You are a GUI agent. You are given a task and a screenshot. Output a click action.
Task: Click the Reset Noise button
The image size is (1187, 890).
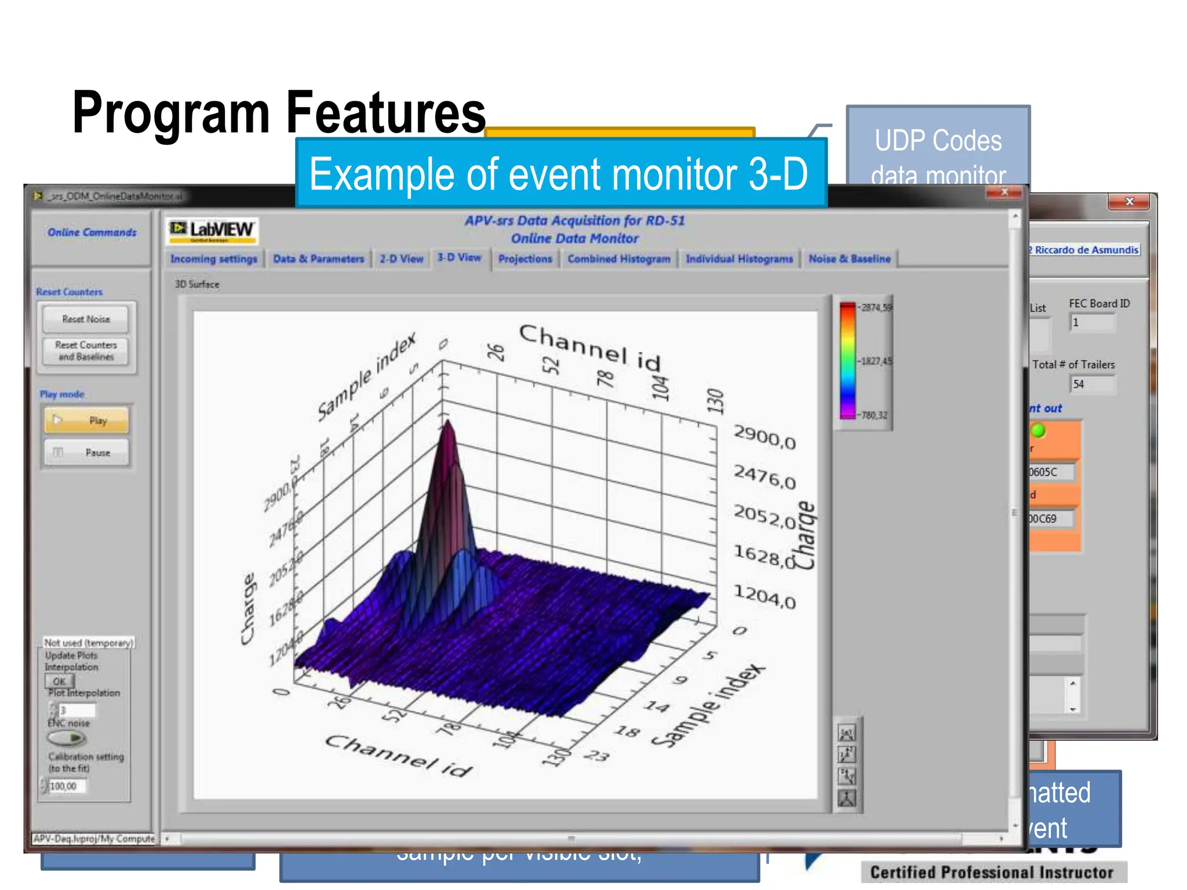click(x=86, y=319)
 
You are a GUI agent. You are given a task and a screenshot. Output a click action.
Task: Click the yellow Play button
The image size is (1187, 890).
click(x=86, y=420)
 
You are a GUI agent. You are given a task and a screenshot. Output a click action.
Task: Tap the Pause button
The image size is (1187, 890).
click(x=86, y=453)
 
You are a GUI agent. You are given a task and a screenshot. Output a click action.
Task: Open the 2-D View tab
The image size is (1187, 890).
click(x=401, y=259)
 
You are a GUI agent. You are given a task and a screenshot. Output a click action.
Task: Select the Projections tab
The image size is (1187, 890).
click(x=525, y=259)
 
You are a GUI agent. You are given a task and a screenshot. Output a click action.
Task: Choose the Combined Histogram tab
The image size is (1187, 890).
click(x=618, y=259)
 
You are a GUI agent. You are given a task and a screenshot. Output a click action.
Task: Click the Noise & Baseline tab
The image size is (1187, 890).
click(x=849, y=259)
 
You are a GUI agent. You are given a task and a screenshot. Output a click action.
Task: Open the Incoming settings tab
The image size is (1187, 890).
click(x=213, y=259)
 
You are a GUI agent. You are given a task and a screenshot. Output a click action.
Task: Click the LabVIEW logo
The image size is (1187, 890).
click(x=212, y=231)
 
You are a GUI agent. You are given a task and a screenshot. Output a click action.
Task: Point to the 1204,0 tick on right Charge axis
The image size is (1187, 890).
click(x=764, y=596)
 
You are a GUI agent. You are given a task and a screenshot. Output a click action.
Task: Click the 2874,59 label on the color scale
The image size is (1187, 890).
click(x=876, y=308)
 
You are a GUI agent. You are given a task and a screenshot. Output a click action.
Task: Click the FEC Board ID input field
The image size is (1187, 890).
click(x=1092, y=323)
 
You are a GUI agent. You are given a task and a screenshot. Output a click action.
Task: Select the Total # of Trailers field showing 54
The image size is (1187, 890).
click(x=1092, y=384)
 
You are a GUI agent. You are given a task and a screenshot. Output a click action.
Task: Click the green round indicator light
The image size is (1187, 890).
click(x=1038, y=431)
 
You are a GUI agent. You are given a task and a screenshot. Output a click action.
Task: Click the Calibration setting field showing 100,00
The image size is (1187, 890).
click(x=66, y=786)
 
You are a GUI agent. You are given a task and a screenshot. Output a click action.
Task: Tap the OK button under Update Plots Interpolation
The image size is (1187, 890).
click(x=60, y=681)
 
